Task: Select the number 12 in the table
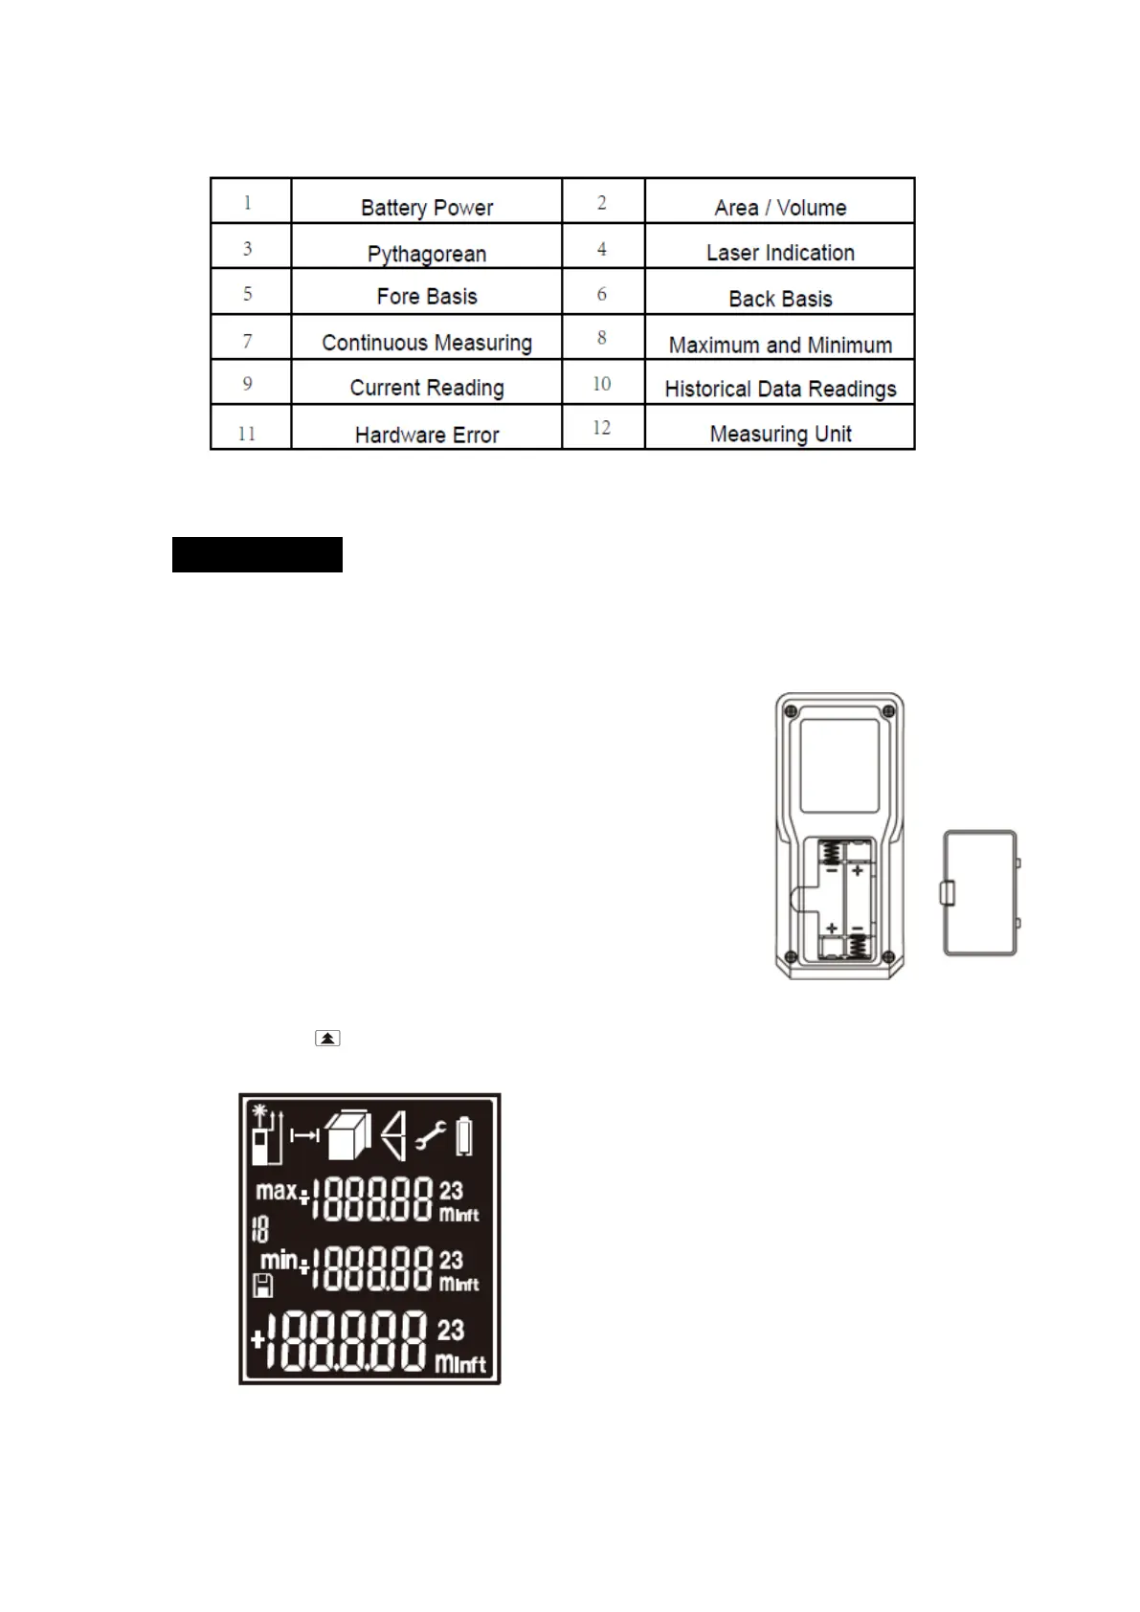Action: (601, 428)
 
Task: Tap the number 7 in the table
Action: (247, 342)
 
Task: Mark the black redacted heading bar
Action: (257, 554)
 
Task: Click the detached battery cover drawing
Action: (980, 893)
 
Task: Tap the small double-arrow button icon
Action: (327, 1038)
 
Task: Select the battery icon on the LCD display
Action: (464, 1136)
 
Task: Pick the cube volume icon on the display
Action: (347, 1136)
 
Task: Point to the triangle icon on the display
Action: (393, 1136)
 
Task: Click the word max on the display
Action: (276, 1191)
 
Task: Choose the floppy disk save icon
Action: (262, 1286)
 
